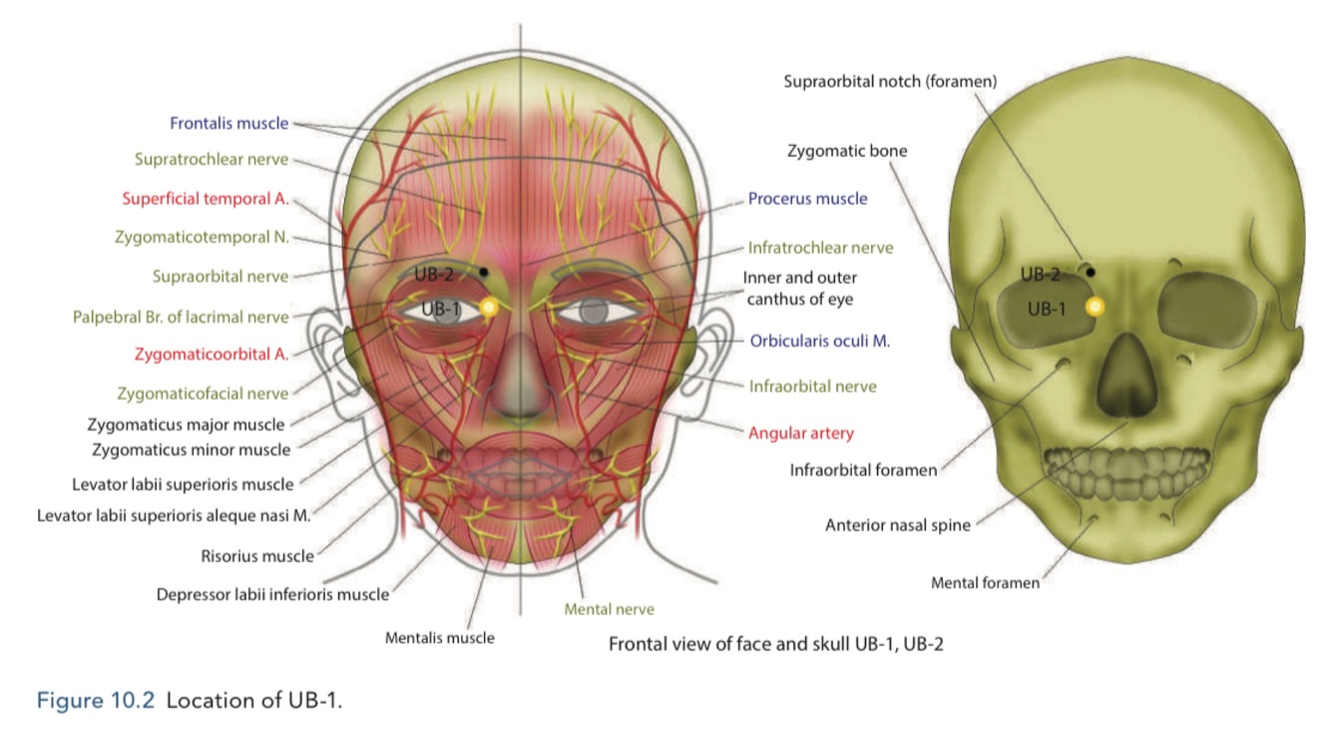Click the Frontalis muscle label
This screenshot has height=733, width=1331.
(x=228, y=124)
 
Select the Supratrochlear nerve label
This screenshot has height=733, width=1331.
(x=212, y=159)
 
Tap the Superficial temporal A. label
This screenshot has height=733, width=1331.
(x=206, y=198)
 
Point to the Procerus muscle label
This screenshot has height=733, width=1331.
(x=807, y=198)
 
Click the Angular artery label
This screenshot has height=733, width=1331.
(x=800, y=432)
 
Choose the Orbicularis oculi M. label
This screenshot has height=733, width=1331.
(x=819, y=340)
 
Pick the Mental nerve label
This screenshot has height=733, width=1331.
(x=609, y=608)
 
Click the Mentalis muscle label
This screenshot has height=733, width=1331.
(x=439, y=637)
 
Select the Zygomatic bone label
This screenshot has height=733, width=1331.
(x=847, y=151)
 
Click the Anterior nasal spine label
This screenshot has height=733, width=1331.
(x=897, y=524)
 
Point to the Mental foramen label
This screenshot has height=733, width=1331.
(x=985, y=582)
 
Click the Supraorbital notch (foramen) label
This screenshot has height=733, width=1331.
(x=890, y=81)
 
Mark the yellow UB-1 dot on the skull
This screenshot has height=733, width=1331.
(x=1095, y=308)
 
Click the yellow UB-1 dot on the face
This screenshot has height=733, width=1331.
(x=489, y=309)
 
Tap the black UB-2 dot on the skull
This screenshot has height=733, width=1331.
(x=1091, y=271)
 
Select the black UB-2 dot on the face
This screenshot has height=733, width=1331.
(x=484, y=271)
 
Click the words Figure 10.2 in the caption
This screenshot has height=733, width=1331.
(x=96, y=700)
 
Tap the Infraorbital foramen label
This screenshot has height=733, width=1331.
(x=863, y=469)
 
